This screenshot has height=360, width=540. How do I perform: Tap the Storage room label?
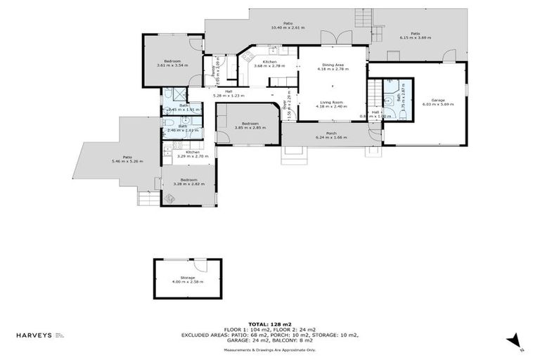(188, 278)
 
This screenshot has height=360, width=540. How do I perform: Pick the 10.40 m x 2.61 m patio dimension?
(288, 27)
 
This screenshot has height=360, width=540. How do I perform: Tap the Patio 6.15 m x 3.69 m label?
(415, 34)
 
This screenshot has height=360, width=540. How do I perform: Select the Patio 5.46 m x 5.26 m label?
(127, 157)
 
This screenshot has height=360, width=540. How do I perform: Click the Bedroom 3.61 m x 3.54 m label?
(172, 61)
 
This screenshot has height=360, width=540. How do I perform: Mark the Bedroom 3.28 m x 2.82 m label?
(188, 180)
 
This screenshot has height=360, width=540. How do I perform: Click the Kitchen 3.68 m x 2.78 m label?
(269, 63)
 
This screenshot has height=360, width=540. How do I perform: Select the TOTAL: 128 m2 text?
(269, 324)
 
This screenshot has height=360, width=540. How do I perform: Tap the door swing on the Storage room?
(201, 265)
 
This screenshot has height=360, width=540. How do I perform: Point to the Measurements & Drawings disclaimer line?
(269, 349)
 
